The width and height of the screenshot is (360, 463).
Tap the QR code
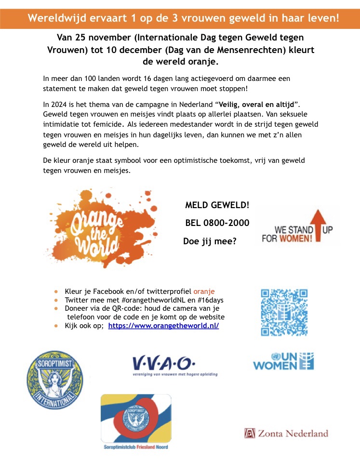[283, 312]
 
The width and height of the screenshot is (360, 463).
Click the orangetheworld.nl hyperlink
[163, 326]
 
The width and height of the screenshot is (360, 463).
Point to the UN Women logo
[283, 361]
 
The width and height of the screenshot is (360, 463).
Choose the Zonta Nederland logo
[286, 433]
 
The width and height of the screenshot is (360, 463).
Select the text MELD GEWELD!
[217, 205]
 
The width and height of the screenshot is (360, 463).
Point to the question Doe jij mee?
[209, 241]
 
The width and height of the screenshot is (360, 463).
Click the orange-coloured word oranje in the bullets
[204, 291]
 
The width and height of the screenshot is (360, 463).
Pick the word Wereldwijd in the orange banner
[51, 19]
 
